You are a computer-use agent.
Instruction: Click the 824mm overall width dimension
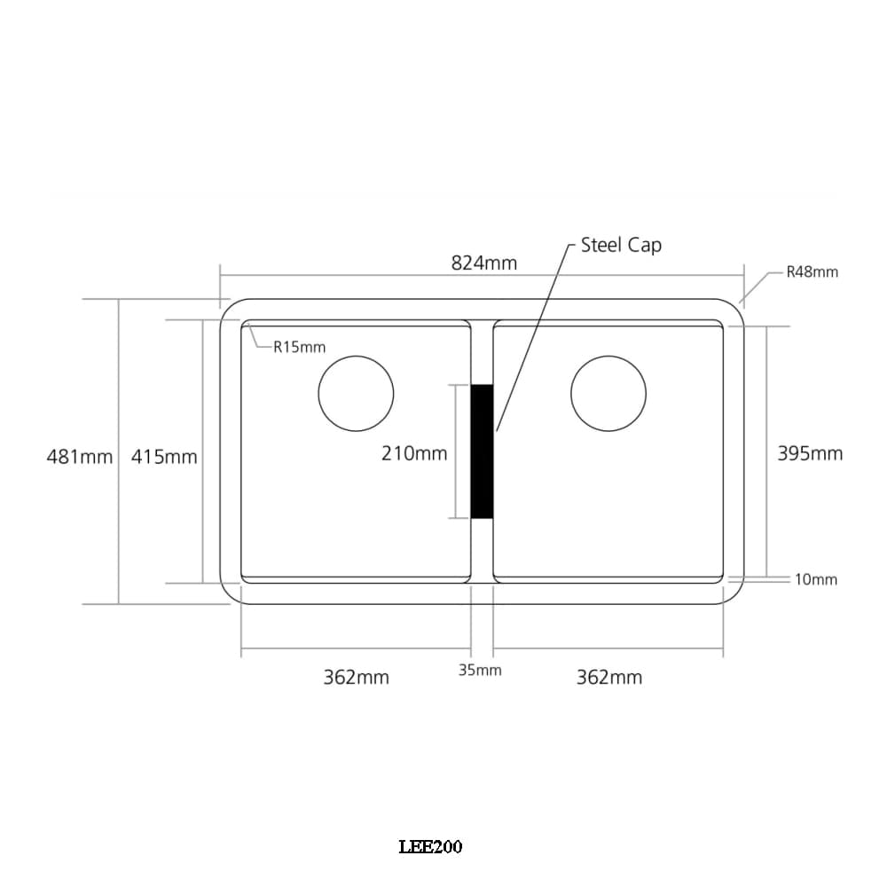[x=483, y=263]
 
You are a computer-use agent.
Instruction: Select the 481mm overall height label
[x=79, y=457]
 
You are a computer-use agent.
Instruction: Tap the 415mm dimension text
[x=164, y=457]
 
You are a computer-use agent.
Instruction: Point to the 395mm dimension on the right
[x=810, y=453]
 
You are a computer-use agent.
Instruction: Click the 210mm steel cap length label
[x=414, y=453]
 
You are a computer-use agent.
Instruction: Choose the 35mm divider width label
[x=480, y=670]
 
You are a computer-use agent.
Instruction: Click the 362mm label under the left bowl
[x=356, y=678]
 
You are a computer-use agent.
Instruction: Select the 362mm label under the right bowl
[x=609, y=678]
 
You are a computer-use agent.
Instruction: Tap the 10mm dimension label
[x=815, y=579]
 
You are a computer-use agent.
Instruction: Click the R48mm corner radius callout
[x=812, y=271]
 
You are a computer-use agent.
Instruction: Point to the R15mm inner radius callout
[x=299, y=347]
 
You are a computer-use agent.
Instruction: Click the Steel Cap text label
[x=621, y=245]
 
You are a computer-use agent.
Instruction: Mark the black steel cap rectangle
[x=482, y=451]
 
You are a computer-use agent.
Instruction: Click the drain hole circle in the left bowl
[x=356, y=394]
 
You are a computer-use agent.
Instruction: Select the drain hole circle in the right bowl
[x=608, y=394]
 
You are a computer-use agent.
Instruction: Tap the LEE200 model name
[x=430, y=847]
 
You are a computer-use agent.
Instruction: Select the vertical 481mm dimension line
[x=119, y=532]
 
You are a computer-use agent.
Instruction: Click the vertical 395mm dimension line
[x=767, y=514]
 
